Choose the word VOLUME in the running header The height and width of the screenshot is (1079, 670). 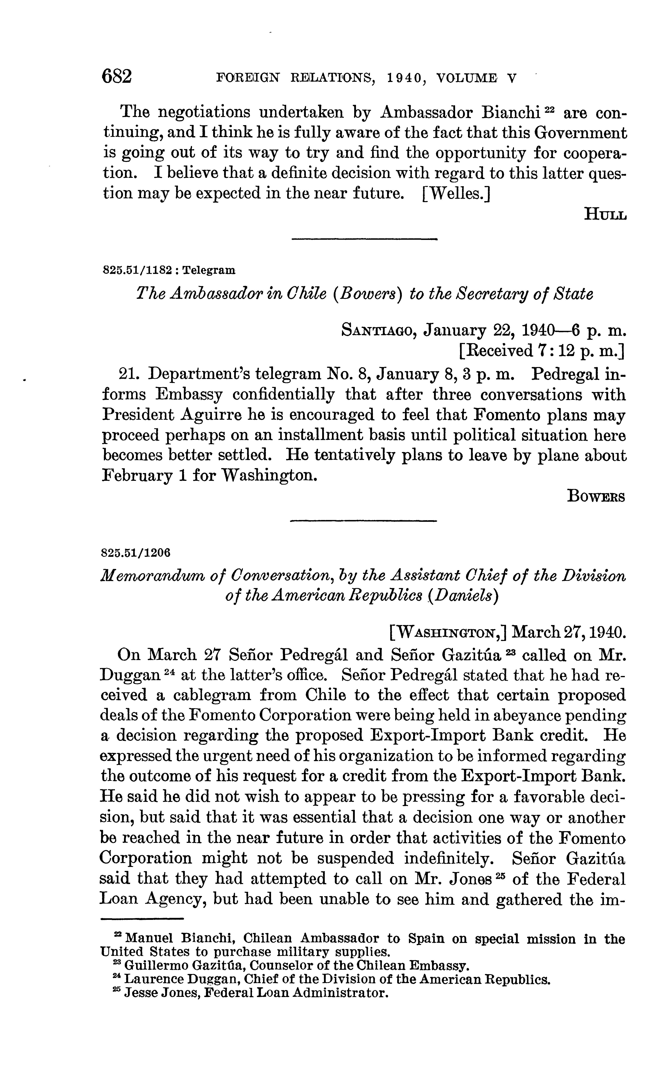pos(466,78)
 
